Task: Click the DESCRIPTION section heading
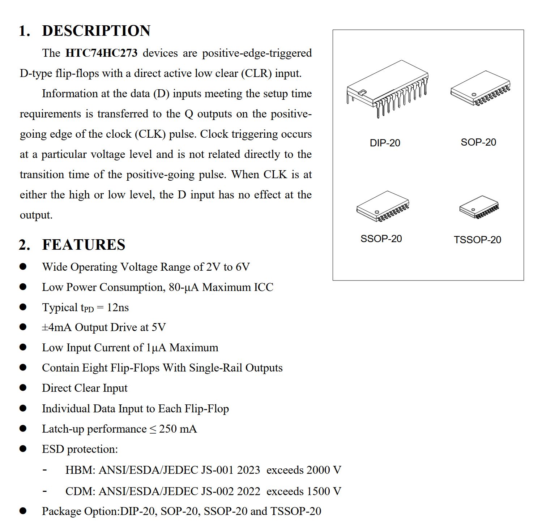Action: click(x=96, y=31)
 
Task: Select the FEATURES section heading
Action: click(x=84, y=245)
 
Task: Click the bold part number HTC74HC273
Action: click(x=101, y=53)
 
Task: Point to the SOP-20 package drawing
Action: click(x=481, y=88)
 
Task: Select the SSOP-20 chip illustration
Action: click(x=383, y=206)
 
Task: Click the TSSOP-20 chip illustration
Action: click(x=479, y=207)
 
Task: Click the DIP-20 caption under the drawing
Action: click(x=385, y=143)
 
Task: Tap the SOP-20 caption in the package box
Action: click(x=478, y=142)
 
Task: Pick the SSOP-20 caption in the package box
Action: click(x=381, y=239)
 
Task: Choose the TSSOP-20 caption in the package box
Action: click(x=477, y=240)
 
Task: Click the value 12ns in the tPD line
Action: click(x=118, y=308)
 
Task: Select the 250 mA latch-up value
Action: click(x=178, y=429)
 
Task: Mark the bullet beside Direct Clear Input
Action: click(x=23, y=388)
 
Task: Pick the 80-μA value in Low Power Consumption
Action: click(x=184, y=287)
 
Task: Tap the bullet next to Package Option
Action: click(x=23, y=511)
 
